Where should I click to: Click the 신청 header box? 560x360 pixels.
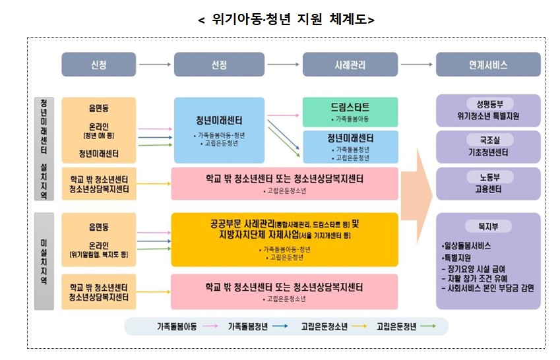[99, 65]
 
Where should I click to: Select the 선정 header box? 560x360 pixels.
[219, 65]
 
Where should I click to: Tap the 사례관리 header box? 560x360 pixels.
[350, 65]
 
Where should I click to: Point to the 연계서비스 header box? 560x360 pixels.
[488, 65]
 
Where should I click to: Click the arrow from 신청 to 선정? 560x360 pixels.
[155, 65]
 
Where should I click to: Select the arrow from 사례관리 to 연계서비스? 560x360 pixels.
[417, 65]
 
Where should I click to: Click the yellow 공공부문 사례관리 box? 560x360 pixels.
[284, 239]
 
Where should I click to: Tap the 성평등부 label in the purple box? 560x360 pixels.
[488, 104]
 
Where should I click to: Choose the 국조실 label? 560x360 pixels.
[488, 140]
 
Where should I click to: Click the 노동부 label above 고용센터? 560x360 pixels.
[488, 177]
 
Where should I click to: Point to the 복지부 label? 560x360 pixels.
[488, 225]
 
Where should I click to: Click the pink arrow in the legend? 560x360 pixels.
[211, 326]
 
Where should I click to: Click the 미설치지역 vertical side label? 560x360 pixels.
[43, 261]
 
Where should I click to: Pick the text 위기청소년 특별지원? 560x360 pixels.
[488, 116]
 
